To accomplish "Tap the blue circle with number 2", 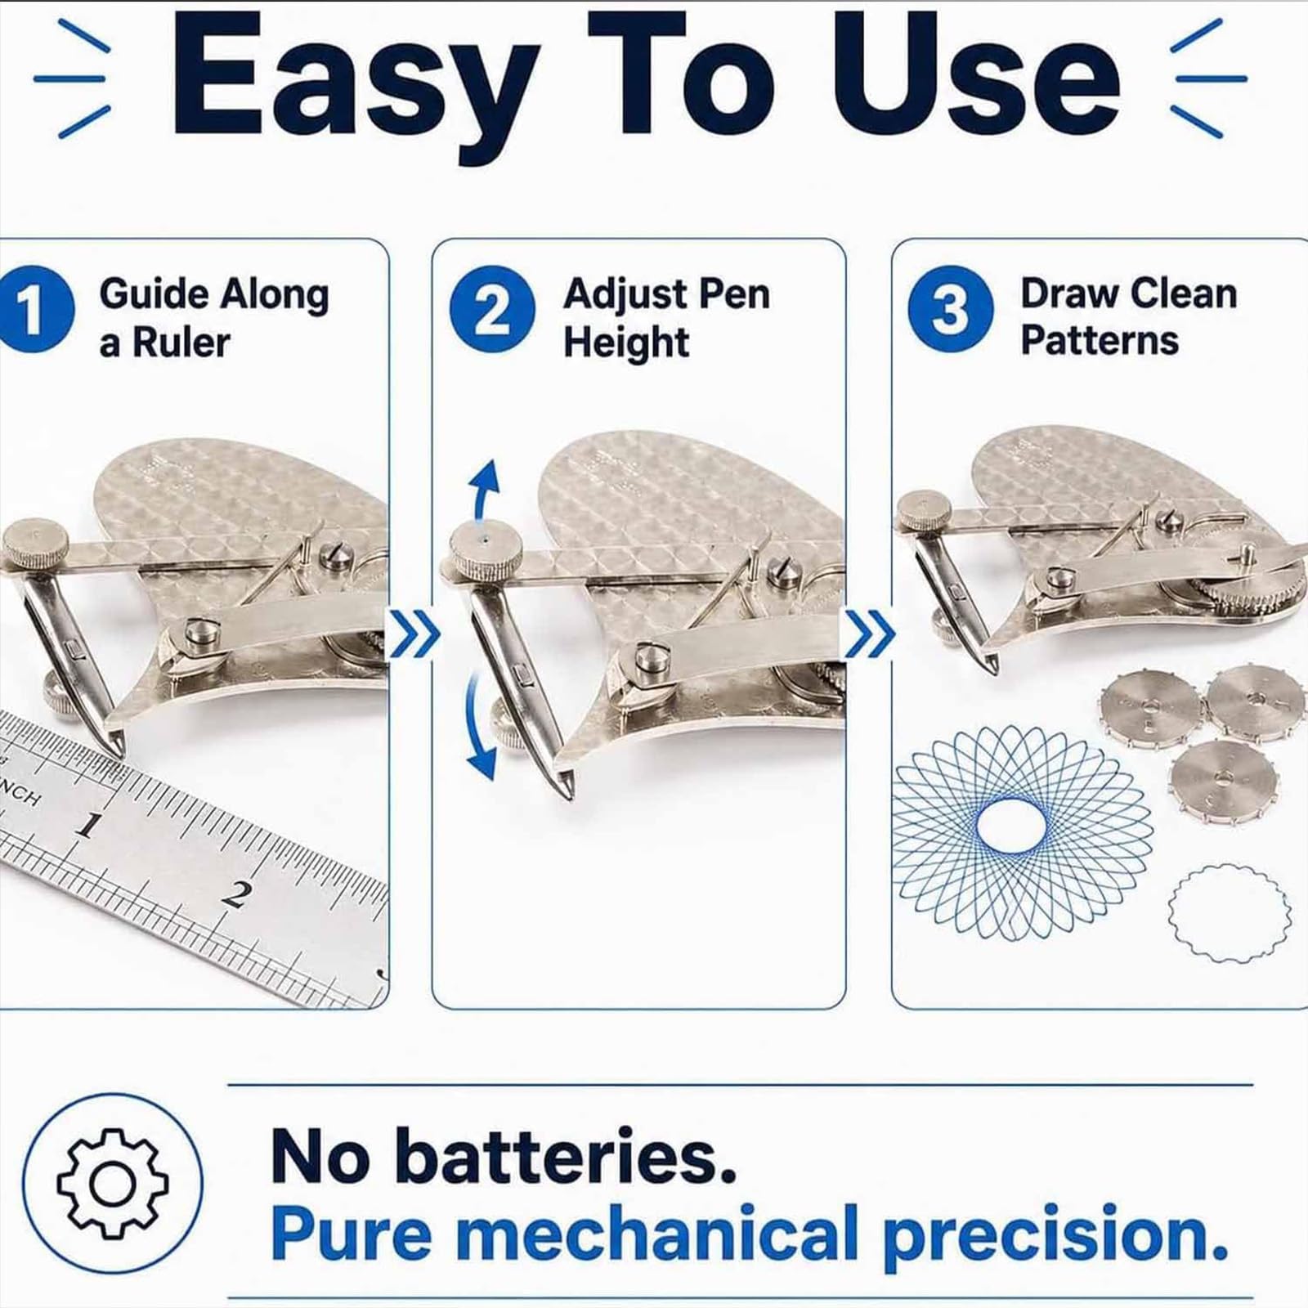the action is tap(492, 310).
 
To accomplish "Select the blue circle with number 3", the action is tap(951, 310).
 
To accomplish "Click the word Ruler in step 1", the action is tap(181, 342).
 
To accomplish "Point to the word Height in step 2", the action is tap(626, 342).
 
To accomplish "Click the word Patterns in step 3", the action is tap(1100, 340).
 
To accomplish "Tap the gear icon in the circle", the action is tap(112, 1182).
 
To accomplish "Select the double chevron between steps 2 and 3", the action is tap(870, 637).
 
